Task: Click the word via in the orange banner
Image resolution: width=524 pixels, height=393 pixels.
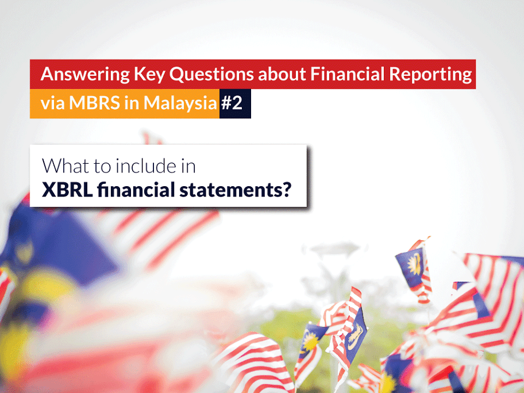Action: pos(52,104)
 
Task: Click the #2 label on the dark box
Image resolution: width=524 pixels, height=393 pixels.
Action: pos(234,104)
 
